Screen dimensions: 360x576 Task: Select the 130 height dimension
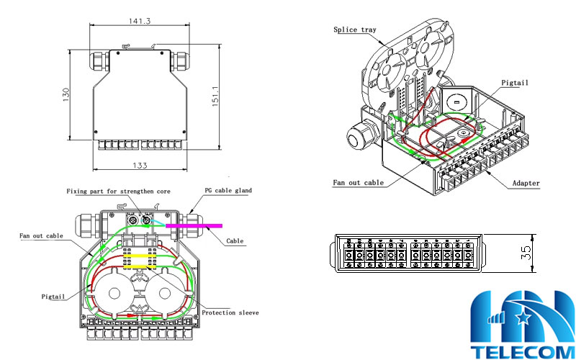tap(66, 94)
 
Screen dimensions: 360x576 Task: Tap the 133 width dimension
tap(140, 166)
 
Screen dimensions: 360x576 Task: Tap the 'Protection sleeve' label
tap(230, 313)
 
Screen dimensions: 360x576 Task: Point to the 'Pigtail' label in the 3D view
tap(515, 83)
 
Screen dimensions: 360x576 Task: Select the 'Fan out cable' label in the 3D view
tap(358, 183)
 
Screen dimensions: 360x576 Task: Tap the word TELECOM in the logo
tap(522, 351)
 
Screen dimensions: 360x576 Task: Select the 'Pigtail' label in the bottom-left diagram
tap(53, 296)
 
